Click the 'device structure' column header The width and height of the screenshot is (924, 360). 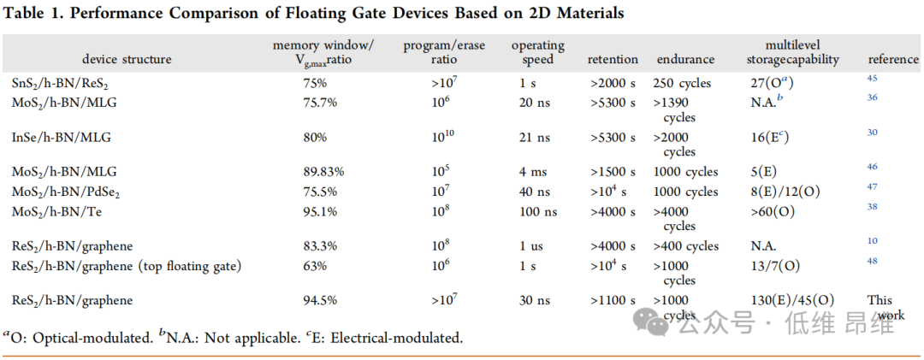coord(127,59)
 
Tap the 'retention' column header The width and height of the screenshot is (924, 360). coord(613,59)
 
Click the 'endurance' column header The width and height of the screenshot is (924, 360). coord(685,59)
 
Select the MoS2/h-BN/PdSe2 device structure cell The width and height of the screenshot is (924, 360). coord(66,191)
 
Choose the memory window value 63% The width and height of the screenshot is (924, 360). coord(314,265)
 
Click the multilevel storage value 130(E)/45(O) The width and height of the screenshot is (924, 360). coord(791,300)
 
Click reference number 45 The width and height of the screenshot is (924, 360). coord(872,79)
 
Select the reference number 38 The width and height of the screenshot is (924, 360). coord(872,206)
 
